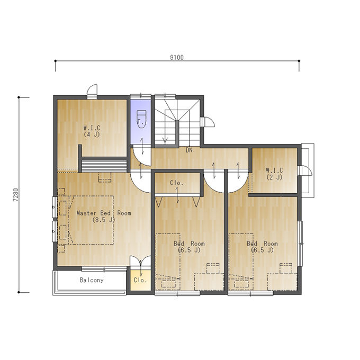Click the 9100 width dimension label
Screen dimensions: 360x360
pyautogui.click(x=177, y=57)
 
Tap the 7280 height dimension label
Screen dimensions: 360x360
pyautogui.click(x=15, y=195)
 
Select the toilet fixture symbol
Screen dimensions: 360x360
pyautogui.click(x=141, y=119)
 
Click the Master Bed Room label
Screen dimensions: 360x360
pyautogui.click(x=104, y=213)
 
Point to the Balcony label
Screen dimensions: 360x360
pyautogui.click(x=92, y=280)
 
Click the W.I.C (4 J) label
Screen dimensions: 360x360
pyautogui.click(x=92, y=131)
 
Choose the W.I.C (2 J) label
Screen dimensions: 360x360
pyautogui.click(x=274, y=174)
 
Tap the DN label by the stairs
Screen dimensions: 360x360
pyautogui.click(x=189, y=150)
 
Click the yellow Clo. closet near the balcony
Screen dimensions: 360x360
pyautogui.click(x=140, y=281)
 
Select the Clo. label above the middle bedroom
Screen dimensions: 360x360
pyautogui.click(x=176, y=183)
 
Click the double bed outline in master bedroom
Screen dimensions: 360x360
pyautogui.click(x=91, y=220)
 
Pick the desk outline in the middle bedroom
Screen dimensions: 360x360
pyautogui.click(x=209, y=282)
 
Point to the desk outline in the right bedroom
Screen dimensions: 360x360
pyautogui.click(x=282, y=282)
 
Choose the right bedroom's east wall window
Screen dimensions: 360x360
pyautogui.click(x=300, y=244)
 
